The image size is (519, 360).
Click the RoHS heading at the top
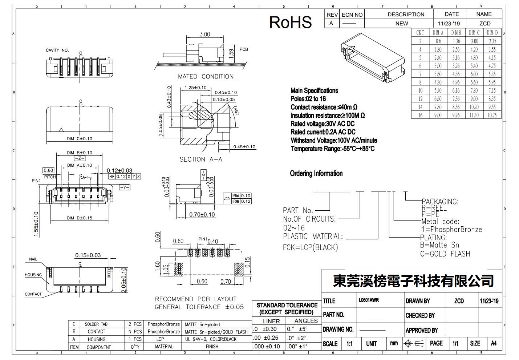(x=290, y=22)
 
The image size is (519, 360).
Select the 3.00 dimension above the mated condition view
(x=205, y=35)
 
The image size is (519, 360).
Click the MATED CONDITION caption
(x=206, y=76)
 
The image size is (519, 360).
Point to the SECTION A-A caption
(x=201, y=159)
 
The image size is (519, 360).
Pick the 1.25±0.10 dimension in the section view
(x=195, y=88)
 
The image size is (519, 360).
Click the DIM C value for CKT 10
(x=474, y=90)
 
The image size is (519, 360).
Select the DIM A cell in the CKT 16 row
(x=438, y=115)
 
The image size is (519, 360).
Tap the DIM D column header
(x=492, y=33)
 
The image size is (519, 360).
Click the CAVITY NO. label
(x=57, y=50)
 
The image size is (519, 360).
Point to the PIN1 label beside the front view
(x=36, y=181)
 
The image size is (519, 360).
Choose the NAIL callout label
(x=33, y=259)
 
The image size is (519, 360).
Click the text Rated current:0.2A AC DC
(x=323, y=132)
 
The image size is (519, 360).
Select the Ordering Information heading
(x=316, y=173)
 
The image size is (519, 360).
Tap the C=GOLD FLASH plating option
(x=445, y=254)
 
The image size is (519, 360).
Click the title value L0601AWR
(x=369, y=300)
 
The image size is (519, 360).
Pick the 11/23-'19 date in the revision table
(x=449, y=23)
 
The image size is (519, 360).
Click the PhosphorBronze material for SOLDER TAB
(x=163, y=324)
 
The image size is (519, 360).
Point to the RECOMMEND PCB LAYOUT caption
(x=196, y=299)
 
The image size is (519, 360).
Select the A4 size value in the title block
(x=494, y=343)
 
